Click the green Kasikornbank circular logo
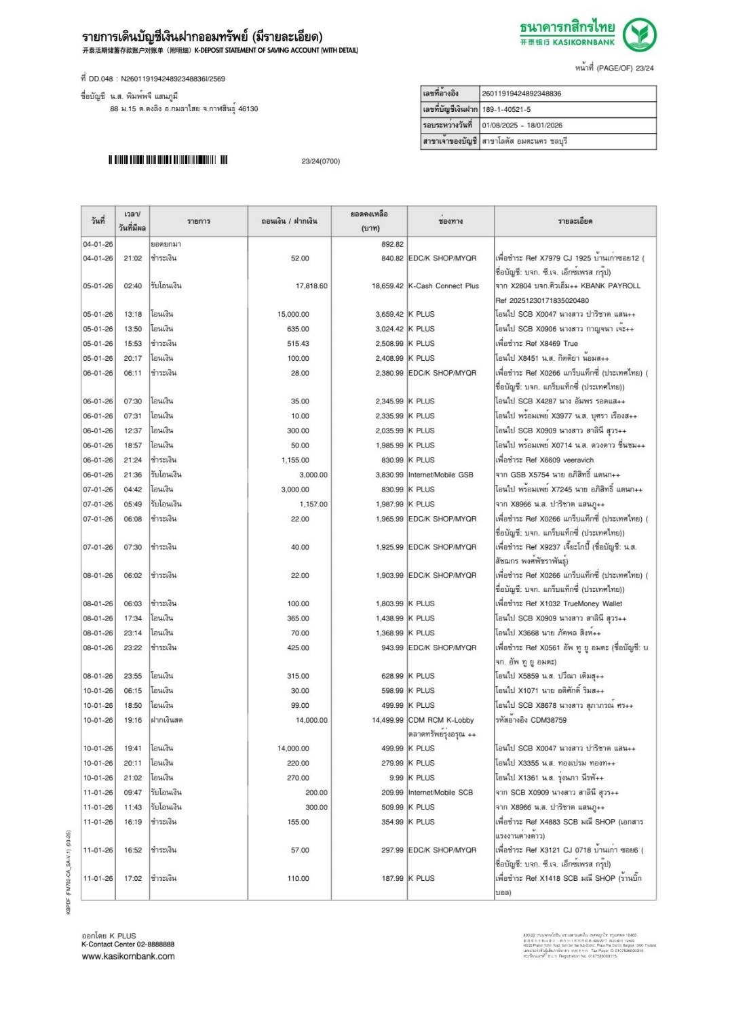[639, 35]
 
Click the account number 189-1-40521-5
[506, 109]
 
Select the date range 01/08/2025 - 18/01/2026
[522, 125]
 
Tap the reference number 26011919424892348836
[521, 94]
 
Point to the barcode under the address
[168, 160]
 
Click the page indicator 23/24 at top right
[645, 68]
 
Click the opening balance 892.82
[392, 244]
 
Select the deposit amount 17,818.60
[311, 286]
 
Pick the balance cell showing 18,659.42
[387, 286]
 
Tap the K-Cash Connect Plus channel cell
[443, 286]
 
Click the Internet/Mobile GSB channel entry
[440, 475]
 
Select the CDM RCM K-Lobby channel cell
[441, 720]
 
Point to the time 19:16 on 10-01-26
[133, 720]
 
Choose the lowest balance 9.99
[396, 778]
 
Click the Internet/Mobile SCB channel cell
[440, 792]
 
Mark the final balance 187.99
[392, 878]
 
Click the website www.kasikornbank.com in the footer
[128, 956]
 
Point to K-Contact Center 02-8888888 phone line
[128, 944]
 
